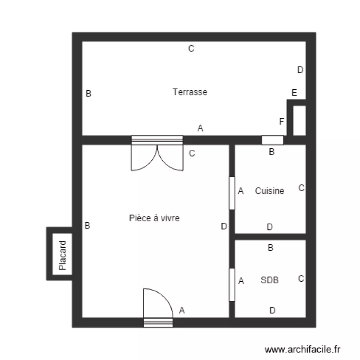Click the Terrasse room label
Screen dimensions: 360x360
coord(190,92)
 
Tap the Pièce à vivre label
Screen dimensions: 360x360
coord(154,218)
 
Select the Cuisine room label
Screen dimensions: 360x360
coord(269,191)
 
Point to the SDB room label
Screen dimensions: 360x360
coord(270,280)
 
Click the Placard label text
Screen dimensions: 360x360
coord(62,255)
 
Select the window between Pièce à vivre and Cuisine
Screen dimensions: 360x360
coord(232,193)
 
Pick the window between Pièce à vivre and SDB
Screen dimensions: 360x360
coord(232,285)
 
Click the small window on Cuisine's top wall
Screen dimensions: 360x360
coord(272,140)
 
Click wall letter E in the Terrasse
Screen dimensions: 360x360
coord(294,93)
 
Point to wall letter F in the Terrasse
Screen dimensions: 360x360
coord(282,121)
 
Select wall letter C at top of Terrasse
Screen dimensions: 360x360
coord(191,48)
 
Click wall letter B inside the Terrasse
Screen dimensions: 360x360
coord(88,94)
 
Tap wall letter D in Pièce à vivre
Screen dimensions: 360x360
coord(224,227)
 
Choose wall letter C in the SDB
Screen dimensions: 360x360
coord(301,278)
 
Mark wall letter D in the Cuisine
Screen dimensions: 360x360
coord(270,227)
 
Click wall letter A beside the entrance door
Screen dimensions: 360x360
coord(181,311)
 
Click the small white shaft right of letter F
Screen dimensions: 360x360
coord(299,120)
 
